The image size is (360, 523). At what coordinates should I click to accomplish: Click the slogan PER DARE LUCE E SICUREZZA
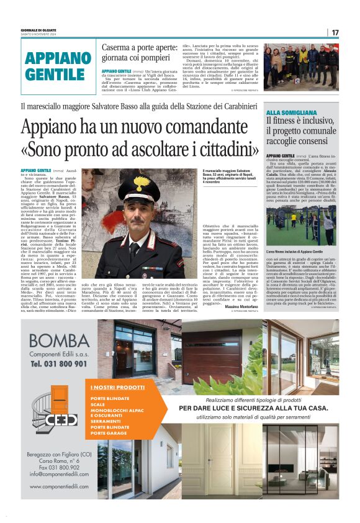point(253,407)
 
